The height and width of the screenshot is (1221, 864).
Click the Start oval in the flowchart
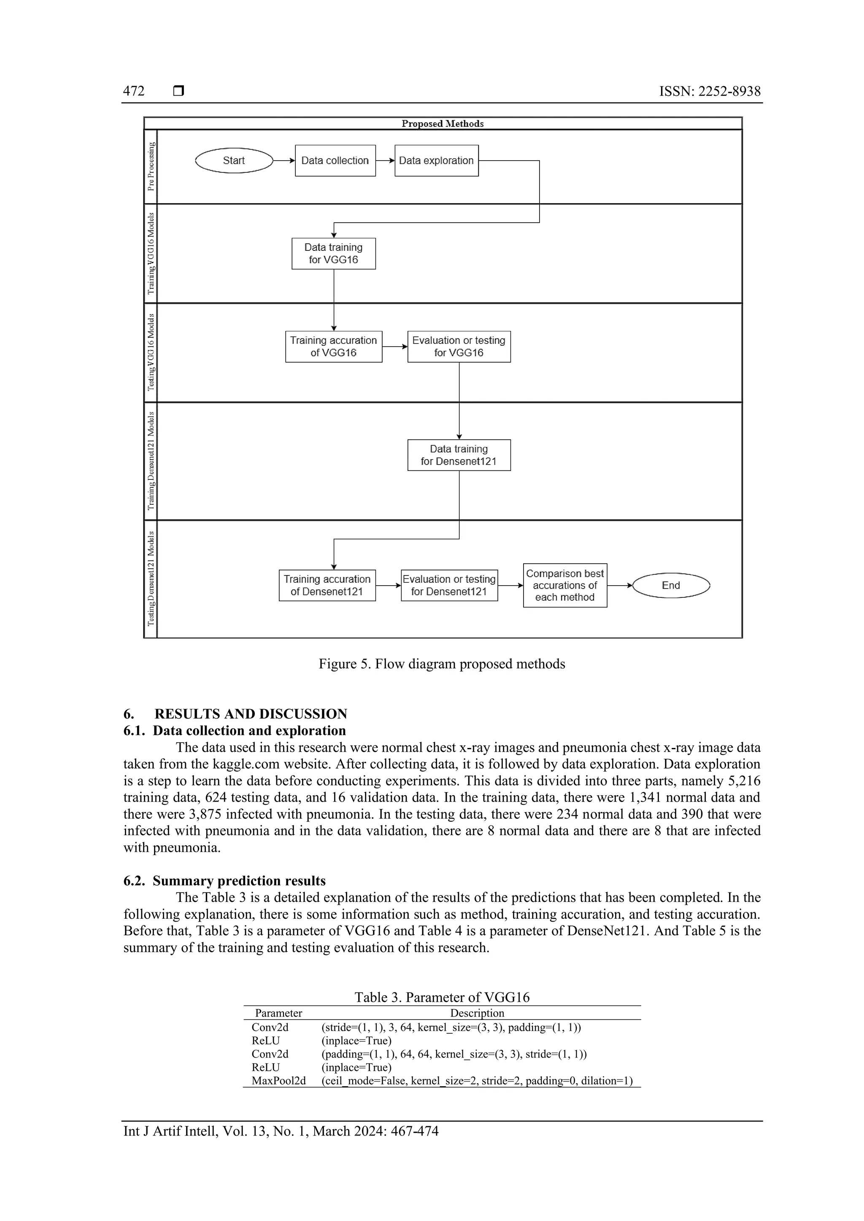coord(234,161)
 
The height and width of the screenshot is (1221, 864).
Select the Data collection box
coord(335,161)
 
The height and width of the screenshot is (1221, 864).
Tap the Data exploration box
coord(436,161)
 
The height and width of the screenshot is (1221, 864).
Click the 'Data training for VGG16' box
coord(334,254)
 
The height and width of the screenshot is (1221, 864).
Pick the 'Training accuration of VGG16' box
coord(334,347)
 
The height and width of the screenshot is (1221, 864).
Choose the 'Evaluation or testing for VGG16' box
coord(459,347)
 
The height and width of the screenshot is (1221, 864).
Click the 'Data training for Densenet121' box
coord(459,455)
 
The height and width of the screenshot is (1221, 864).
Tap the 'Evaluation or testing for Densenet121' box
coord(449,586)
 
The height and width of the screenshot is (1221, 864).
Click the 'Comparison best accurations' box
coord(565,586)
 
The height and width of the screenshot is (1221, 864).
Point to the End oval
coord(671,586)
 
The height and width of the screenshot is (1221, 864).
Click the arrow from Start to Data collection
coord(283,161)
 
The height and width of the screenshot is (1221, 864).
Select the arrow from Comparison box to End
coord(620,586)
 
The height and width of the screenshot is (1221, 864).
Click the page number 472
coord(134,91)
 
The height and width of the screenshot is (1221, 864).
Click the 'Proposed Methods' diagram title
coord(443,124)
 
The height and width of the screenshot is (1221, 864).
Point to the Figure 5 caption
coord(442,664)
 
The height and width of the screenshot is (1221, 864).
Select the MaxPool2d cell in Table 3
coord(279,1081)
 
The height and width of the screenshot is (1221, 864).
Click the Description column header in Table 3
coord(477,1013)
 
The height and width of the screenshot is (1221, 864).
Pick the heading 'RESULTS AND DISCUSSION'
coord(251,714)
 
